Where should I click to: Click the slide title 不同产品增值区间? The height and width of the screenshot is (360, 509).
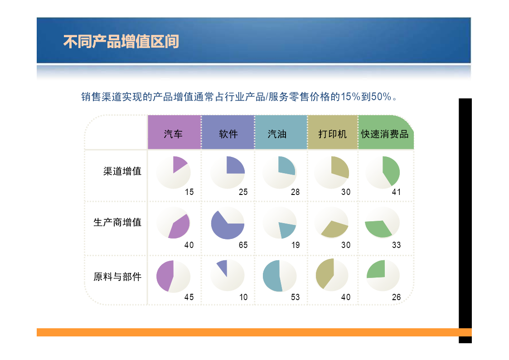pyautogui.click(x=121, y=42)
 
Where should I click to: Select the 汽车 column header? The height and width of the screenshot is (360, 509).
pyautogui.click(x=173, y=134)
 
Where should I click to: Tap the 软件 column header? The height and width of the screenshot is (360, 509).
pyautogui.click(x=228, y=134)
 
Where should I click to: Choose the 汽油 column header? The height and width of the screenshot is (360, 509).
pyautogui.click(x=277, y=134)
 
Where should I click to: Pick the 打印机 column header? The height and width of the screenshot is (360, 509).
pyautogui.click(x=332, y=134)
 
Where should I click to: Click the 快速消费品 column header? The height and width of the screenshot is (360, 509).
pyautogui.click(x=385, y=134)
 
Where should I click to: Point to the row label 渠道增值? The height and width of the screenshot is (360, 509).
pyautogui.click(x=122, y=171)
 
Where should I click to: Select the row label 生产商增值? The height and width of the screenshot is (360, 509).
pyautogui.click(x=117, y=222)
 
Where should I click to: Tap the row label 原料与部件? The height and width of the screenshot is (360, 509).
pyautogui.click(x=117, y=277)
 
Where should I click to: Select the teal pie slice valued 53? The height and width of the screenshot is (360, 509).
pyautogui.click(x=272, y=276)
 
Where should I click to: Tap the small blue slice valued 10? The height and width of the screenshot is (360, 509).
pyautogui.click(x=223, y=267)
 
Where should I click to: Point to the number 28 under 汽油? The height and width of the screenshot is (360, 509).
pyautogui.click(x=295, y=192)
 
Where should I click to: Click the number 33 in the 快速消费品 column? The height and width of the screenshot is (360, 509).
pyautogui.click(x=396, y=245)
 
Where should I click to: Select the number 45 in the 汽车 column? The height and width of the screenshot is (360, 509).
pyautogui.click(x=189, y=297)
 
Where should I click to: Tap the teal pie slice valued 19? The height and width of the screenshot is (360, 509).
pyautogui.click(x=287, y=229)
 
